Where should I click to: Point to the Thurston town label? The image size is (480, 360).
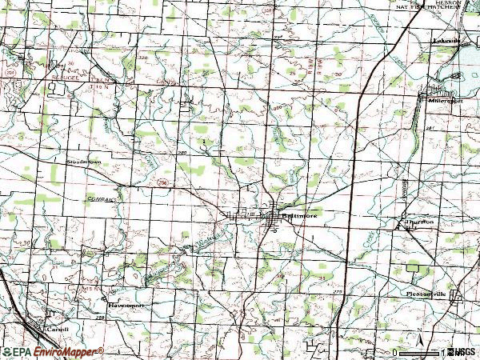[418, 222]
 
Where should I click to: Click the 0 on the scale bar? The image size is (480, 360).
[396, 352]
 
